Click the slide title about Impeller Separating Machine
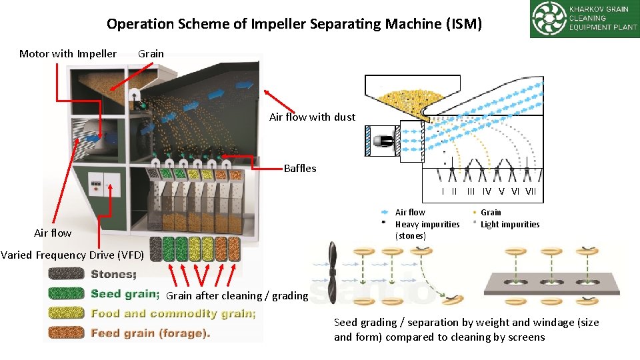[294, 25]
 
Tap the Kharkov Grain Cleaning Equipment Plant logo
[584, 19]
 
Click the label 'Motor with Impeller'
[68, 54]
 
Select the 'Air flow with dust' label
[312, 117]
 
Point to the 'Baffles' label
[300, 169]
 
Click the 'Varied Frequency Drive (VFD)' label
[72, 255]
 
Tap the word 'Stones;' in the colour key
[114, 274]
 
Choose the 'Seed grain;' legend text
[125, 294]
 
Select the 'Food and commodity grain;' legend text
[173, 313]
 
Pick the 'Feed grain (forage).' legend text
[150, 333]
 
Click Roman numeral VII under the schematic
[531, 192]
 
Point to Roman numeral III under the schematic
[471, 192]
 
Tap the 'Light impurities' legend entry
[510, 225]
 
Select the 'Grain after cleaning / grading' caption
[237, 295]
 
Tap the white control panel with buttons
[103, 183]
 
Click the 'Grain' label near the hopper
[151, 54]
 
